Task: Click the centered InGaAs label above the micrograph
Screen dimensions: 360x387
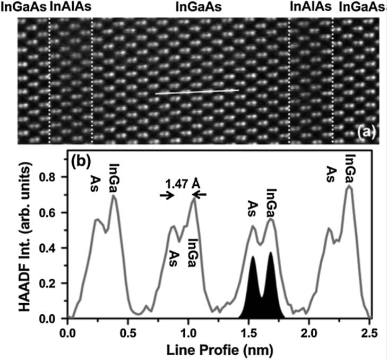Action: pyautogui.click(x=198, y=7)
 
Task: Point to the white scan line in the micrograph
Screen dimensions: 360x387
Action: pyautogui.click(x=197, y=92)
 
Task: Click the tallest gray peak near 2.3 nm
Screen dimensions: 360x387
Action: pyautogui.click(x=349, y=186)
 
